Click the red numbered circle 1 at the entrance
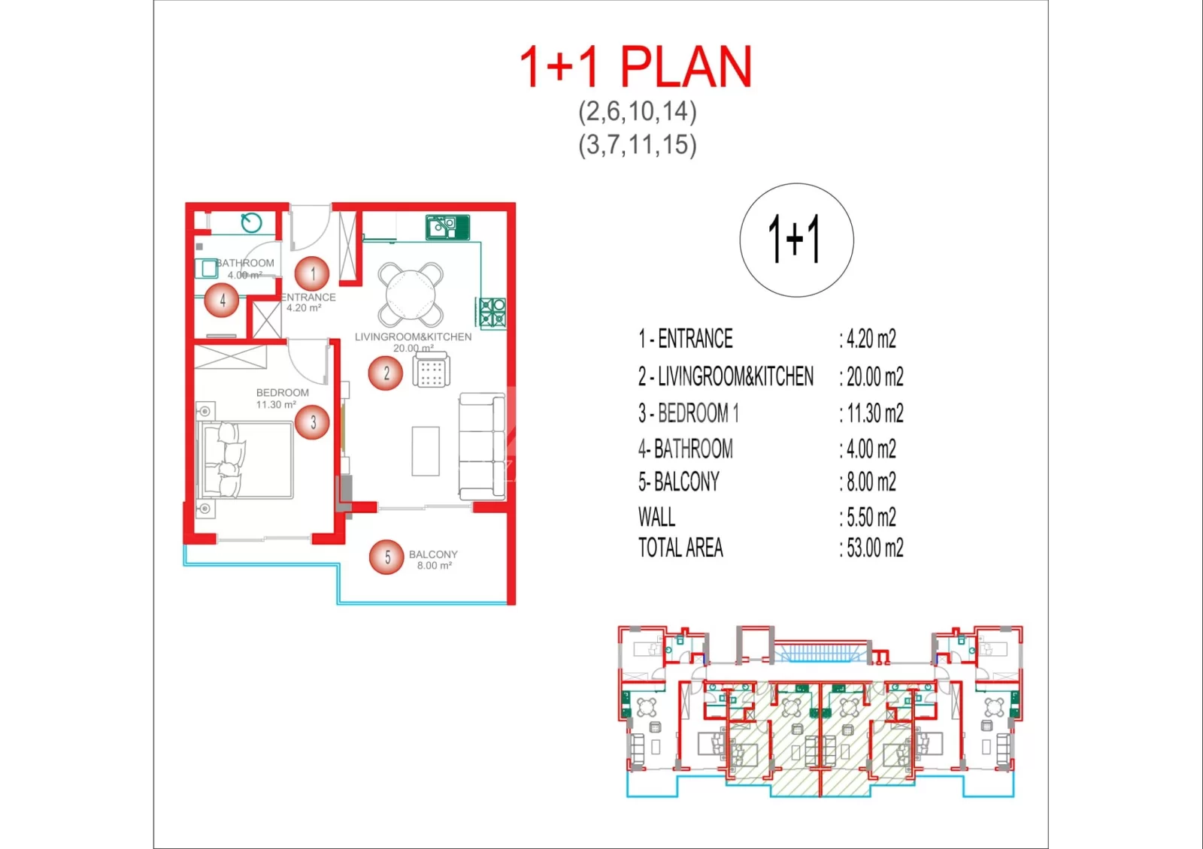[x=312, y=273]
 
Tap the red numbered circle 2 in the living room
[x=386, y=373]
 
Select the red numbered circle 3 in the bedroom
[x=312, y=422]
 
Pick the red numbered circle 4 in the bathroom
[x=222, y=300]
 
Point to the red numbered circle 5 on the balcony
[x=386, y=557]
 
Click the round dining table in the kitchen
[x=411, y=295]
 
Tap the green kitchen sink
[x=448, y=227]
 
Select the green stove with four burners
[x=492, y=313]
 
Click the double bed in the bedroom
[x=246, y=460]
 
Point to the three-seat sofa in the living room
[x=482, y=446]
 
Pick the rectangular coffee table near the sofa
[x=426, y=452]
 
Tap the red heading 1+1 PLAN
[x=636, y=67]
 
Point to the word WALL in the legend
[x=657, y=518]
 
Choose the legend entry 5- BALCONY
[x=679, y=482]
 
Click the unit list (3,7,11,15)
[x=638, y=145]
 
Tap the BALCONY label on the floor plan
[x=433, y=554]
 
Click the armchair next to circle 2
[x=432, y=369]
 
